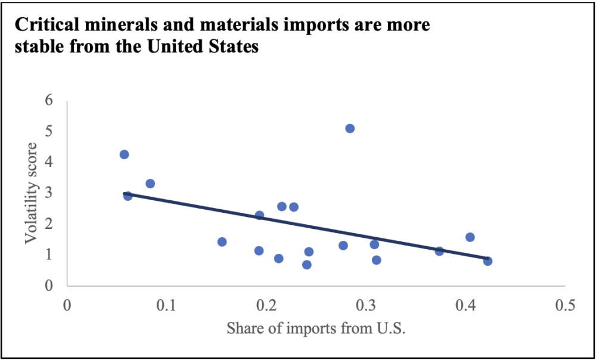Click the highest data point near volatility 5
point(350,128)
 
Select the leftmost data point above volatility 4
point(124,154)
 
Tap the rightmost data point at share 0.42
point(488,261)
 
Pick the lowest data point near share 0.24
point(306,265)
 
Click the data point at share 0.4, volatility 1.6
point(470,237)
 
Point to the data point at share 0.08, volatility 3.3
point(150,184)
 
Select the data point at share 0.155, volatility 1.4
point(222,242)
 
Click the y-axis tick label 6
point(49,100)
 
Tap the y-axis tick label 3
point(49,193)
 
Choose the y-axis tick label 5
point(49,131)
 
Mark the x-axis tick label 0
point(67,306)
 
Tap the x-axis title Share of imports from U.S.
point(315,328)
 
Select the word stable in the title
point(38,47)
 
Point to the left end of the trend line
point(124,193)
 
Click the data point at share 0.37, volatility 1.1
point(439,251)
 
